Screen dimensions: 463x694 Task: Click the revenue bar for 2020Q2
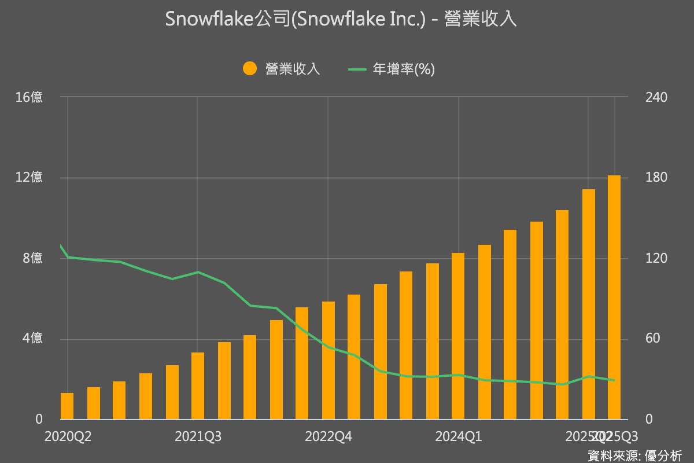(x=67, y=406)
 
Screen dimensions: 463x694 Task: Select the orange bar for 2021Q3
(x=198, y=385)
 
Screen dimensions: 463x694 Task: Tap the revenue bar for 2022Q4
(x=328, y=360)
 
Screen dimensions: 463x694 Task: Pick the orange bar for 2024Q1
(x=458, y=336)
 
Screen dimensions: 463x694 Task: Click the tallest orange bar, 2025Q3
(x=614, y=297)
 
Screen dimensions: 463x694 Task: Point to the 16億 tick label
(x=29, y=97)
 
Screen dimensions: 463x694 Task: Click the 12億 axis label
(x=29, y=178)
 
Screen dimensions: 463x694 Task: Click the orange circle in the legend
(x=250, y=69)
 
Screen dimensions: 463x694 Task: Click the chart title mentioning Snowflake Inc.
(x=341, y=20)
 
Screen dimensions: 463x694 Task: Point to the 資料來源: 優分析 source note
(x=634, y=455)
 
